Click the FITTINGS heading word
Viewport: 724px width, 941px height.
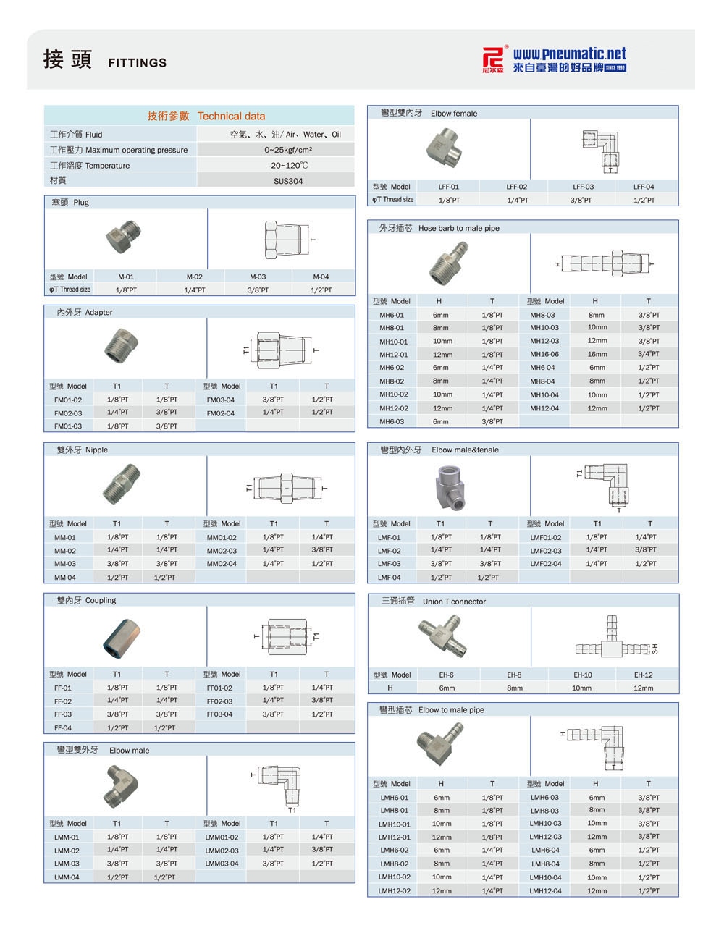137,63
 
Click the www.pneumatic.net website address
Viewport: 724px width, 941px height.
569,54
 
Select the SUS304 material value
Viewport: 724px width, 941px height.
288,181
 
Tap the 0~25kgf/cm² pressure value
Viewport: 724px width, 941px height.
288,150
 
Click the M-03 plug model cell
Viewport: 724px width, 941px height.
258,277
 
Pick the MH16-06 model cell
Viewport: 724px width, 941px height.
544,355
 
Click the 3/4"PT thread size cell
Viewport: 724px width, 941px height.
649,355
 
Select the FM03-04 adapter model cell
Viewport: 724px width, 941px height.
220,400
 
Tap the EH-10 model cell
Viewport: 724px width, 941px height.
582,675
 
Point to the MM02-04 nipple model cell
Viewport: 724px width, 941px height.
222,564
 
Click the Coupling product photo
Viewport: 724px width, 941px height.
119,636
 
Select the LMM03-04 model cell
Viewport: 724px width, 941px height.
222,864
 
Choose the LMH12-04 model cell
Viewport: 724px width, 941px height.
544,890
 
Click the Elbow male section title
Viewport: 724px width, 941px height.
129,751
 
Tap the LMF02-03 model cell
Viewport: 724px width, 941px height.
545,551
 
